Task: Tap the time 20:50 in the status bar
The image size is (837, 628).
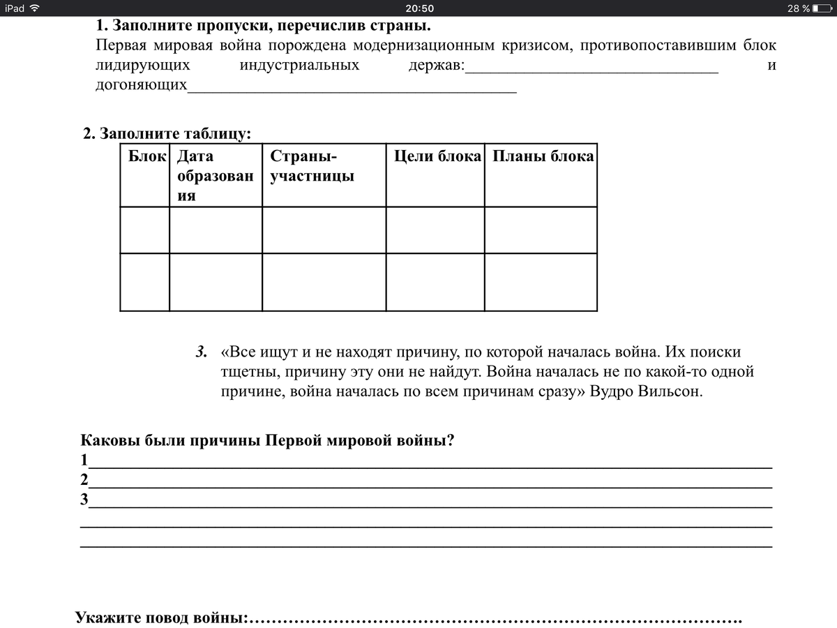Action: [x=418, y=8]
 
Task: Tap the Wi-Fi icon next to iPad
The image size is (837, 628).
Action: [x=35, y=8]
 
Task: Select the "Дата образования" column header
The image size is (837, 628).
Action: [x=215, y=176]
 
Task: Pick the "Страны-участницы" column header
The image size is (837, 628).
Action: [x=312, y=166]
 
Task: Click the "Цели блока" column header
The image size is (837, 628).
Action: [x=437, y=156]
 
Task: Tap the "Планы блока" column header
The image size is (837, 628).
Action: [x=543, y=156]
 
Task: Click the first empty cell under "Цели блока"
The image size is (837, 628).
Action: [x=435, y=230]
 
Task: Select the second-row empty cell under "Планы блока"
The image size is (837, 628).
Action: [x=541, y=282]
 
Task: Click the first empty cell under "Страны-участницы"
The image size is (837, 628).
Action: [x=324, y=230]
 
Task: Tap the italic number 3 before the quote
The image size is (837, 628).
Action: [x=201, y=352]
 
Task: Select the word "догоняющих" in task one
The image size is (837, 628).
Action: [x=141, y=85]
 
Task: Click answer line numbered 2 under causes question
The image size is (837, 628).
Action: [x=429, y=481]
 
